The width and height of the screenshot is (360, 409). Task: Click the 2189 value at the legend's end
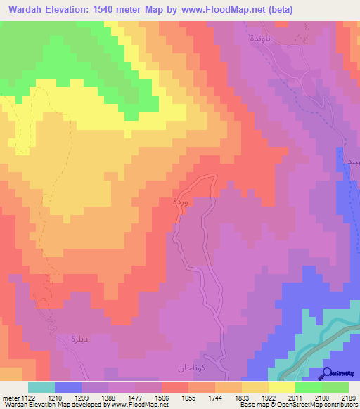click(349, 397)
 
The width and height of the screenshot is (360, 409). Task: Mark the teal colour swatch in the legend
click(41, 387)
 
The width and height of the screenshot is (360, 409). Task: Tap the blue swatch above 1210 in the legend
click(68, 387)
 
